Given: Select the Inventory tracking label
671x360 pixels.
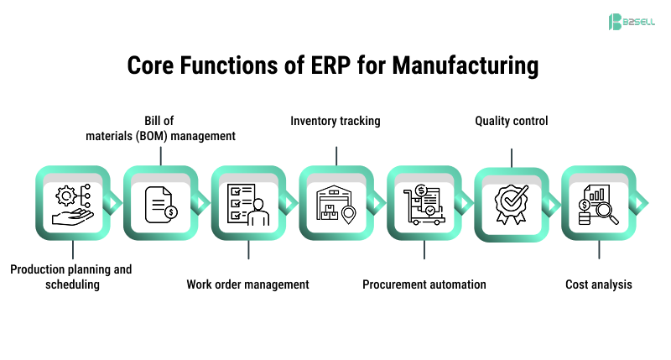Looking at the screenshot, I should [335, 121].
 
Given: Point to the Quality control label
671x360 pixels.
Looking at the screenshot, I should [512, 121].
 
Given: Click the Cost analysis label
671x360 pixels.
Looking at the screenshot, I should [599, 284].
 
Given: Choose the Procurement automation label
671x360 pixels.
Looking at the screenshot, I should [424, 284].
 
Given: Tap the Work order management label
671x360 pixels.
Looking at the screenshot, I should [247, 284].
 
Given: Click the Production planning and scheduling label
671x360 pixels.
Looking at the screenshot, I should [71, 277].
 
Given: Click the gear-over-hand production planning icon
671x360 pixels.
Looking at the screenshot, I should [72, 203].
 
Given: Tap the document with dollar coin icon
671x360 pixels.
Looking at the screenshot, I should [159, 203].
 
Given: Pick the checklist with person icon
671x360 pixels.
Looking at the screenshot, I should [247, 203].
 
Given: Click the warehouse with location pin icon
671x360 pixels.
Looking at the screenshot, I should [335, 203].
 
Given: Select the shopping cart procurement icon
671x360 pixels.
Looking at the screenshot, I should [424, 203].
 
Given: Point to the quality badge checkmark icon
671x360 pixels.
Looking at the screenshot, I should [512, 203].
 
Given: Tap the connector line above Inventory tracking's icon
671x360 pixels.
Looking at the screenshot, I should [336, 155].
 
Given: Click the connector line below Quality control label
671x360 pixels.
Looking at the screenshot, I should [512, 157].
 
